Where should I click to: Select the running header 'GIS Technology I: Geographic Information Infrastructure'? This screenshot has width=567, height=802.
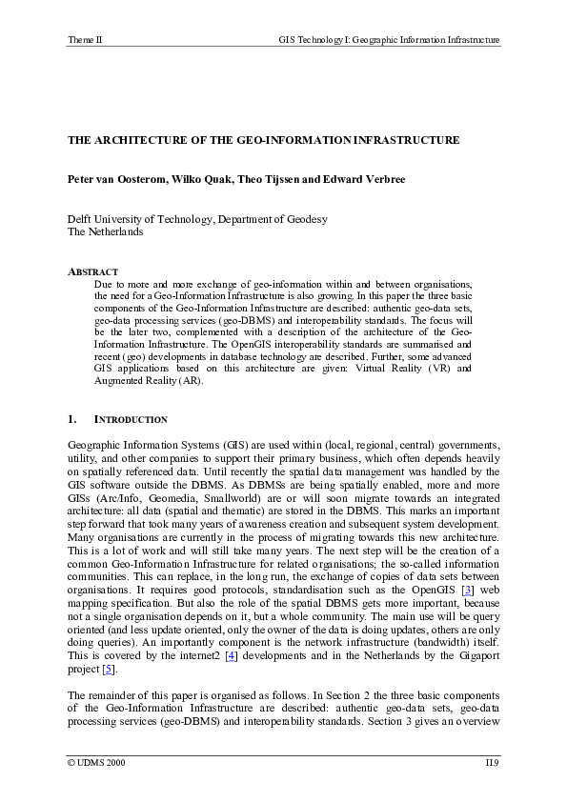[x=389, y=40]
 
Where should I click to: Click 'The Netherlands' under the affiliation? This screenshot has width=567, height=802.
[x=105, y=231]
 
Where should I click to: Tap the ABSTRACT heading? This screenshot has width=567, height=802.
[x=92, y=272]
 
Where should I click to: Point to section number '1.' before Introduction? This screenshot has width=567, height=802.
[x=72, y=419]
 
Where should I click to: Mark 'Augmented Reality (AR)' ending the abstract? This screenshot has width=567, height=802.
[x=149, y=380]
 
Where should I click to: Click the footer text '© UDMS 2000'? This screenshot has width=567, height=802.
[x=95, y=763]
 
